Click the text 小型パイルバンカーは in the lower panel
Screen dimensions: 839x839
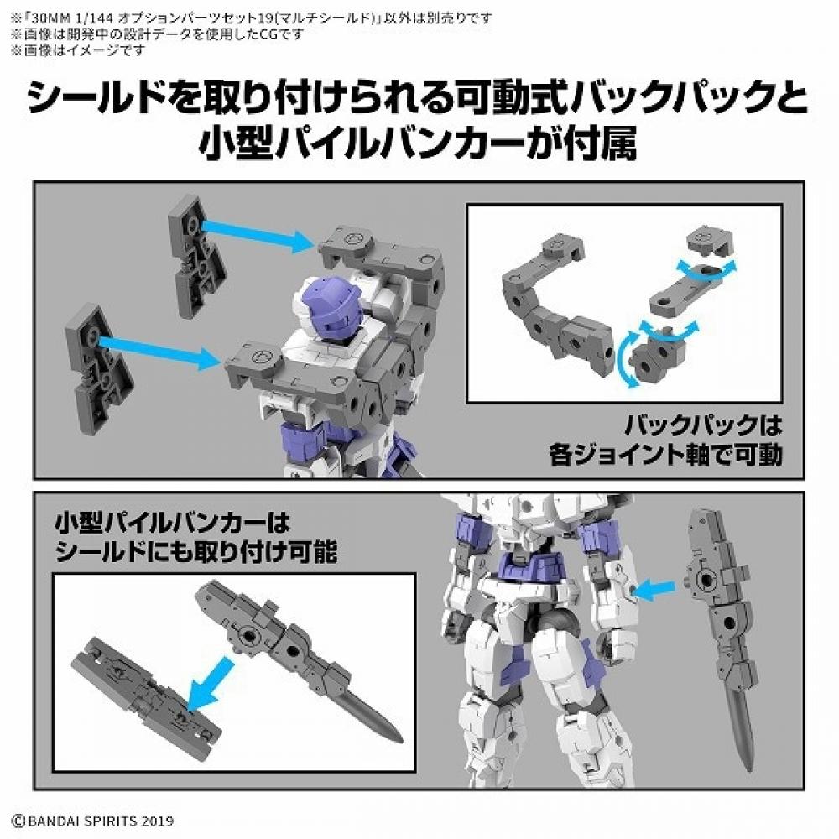click(x=172, y=525)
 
